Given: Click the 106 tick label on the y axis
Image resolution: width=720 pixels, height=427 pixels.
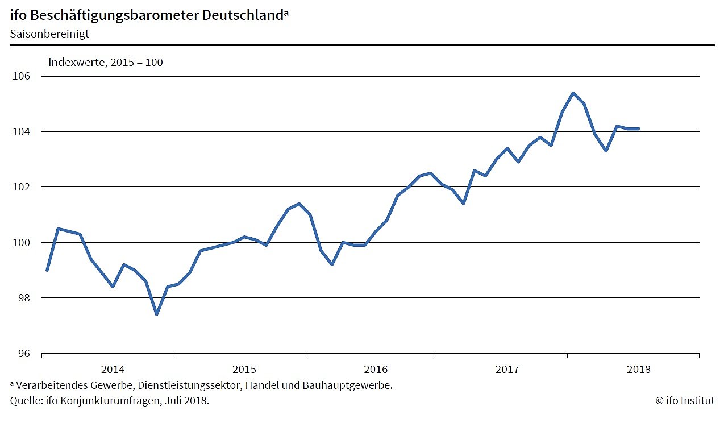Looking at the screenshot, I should click(x=21, y=76).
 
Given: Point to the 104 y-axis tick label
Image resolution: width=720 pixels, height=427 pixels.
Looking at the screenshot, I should click(x=21, y=132).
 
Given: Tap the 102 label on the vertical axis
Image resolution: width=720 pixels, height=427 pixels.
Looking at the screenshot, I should click(x=21, y=187).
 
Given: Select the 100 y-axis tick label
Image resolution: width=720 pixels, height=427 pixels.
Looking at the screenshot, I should click(x=21, y=243).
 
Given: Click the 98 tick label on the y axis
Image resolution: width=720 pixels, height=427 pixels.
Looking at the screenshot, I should click(x=24, y=298).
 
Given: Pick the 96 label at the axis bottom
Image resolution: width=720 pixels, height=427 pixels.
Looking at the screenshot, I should click(x=24, y=354).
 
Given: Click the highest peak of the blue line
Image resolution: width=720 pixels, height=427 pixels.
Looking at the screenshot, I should click(x=573, y=93).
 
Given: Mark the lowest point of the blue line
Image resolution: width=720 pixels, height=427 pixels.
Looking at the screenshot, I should click(x=156, y=314).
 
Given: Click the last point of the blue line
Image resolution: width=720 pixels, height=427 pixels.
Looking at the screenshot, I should click(x=639, y=129).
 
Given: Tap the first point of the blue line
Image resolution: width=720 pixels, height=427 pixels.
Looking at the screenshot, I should click(x=47, y=270).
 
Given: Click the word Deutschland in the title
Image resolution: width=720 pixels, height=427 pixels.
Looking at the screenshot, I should click(x=242, y=15).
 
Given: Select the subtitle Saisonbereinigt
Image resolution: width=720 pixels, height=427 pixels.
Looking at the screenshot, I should click(x=49, y=34).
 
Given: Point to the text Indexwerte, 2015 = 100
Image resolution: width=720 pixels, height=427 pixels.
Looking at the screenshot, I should click(x=106, y=62).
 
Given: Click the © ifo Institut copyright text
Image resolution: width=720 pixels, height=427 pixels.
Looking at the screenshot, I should click(x=685, y=401).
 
